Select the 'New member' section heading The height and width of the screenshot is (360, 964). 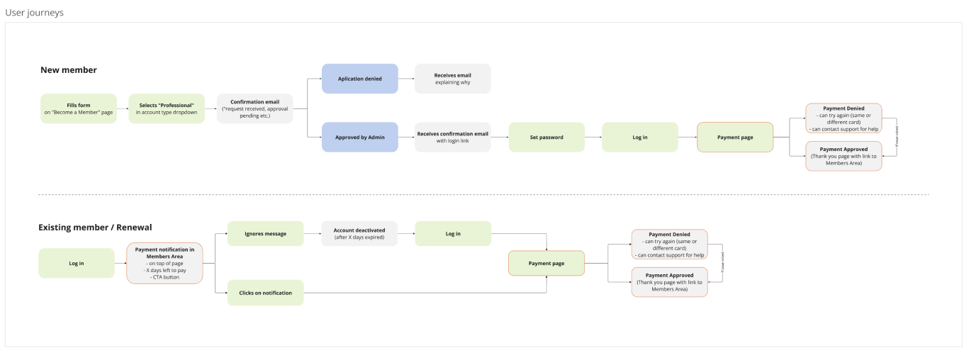[69, 70]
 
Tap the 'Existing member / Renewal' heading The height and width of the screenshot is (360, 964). [95, 227]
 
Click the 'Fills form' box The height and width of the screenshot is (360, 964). [78, 108]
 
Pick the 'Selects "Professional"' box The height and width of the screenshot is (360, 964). [167, 108]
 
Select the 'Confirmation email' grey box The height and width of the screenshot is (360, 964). [254, 108]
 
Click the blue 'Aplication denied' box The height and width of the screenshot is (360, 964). [359, 79]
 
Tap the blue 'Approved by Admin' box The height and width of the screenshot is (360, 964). [359, 137]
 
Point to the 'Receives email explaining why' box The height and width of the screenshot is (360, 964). [452, 79]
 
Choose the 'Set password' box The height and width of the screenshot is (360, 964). [547, 137]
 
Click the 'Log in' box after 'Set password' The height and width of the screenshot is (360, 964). [639, 137]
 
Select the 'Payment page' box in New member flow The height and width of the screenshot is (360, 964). [735, 137]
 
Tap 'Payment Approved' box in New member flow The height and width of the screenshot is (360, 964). [843, 156]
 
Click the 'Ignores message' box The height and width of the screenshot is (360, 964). [265, 234]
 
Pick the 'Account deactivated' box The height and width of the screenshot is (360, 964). [359, 234]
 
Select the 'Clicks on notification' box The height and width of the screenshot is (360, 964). [265, 293]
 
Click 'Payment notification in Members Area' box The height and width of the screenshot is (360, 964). [164, 264]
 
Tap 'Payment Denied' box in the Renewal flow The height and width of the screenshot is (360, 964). [669, 244]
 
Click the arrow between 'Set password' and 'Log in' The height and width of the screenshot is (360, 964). [593, 137]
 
